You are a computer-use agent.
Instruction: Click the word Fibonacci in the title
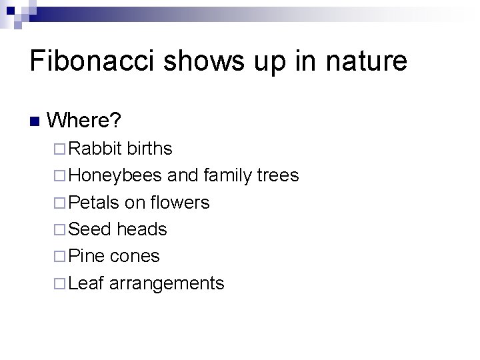[x=91, y=61]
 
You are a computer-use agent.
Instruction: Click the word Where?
[x=84, y=121]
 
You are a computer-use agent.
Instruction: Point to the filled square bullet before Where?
[x=35, y=121]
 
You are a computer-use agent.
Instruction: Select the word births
[x=150, y=148]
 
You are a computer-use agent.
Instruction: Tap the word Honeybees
[x=115, y=175]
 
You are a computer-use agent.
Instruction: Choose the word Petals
[x=93, y=202]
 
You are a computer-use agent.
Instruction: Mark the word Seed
[x=89, y=229]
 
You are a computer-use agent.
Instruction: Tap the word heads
[x=141, y=229]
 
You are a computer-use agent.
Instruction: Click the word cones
[x=135, y=256]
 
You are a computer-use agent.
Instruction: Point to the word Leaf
[x=86, y=283]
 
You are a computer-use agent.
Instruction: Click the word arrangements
[x=167, y=284]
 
